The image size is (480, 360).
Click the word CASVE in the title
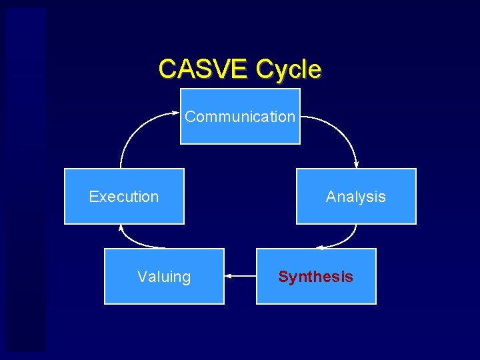coord(204,69)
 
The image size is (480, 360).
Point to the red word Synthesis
coord(316,277)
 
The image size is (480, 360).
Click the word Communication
coord(240,117)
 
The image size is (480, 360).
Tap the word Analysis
coord(356,197)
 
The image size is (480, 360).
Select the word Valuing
coord(164,277)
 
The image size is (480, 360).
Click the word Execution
coord(124,197)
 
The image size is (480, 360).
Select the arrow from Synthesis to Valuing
coord(241,275)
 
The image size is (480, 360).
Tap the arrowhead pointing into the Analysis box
coord(356,165)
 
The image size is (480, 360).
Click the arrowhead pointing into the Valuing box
coord(228,275)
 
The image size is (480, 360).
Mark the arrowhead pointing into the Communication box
coord(177,114)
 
